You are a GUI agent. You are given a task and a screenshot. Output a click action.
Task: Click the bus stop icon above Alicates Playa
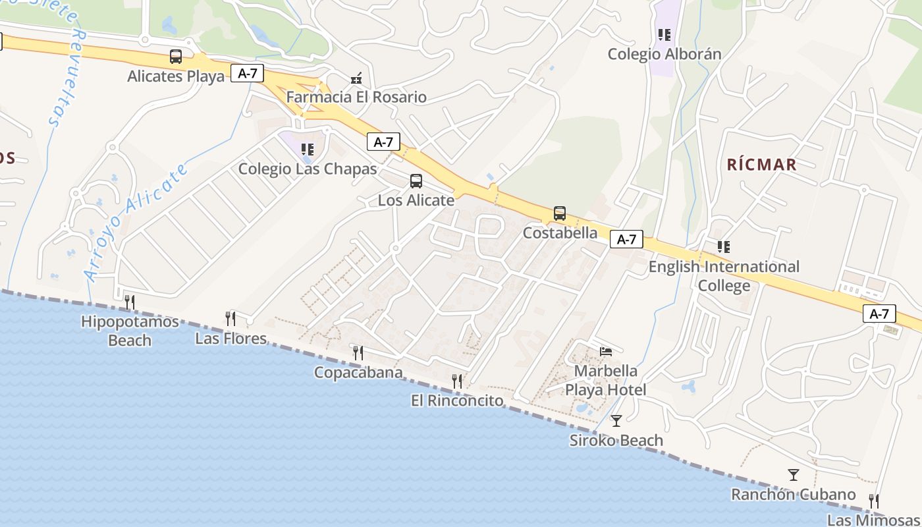tap(176, 57)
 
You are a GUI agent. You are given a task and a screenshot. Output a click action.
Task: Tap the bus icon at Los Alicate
tap(416, 180)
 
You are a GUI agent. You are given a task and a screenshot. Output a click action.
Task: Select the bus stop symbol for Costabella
tap(560, 213)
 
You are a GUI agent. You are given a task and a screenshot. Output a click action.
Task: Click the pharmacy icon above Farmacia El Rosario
tap(356, 78)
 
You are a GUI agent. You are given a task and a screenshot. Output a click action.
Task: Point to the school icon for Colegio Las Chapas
tap(308, 150)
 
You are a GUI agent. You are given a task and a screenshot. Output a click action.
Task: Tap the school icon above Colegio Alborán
tap(664, 34)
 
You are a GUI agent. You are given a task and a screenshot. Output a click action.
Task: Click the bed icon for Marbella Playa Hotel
tap(606, 352)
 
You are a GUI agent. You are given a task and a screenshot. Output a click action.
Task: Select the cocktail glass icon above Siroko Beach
tap(616, 420)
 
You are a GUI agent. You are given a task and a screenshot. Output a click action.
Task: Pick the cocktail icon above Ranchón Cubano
tap(794, 474)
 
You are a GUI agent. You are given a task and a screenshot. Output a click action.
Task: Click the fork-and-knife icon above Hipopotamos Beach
tap(130, 302)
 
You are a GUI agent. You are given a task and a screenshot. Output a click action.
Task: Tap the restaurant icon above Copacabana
tap(358, 353)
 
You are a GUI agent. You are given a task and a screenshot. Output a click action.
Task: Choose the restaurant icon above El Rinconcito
tap(457, 381)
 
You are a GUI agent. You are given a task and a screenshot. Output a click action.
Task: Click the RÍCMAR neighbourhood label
tap(762, 165)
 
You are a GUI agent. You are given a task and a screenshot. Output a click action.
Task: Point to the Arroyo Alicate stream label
tap(136, 223)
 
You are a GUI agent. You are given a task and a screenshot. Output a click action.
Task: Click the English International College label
tap(724, 276)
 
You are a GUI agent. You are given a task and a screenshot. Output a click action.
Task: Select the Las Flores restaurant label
tap(231, 339)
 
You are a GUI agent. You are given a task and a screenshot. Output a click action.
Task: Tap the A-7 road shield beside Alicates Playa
tap(247, 74)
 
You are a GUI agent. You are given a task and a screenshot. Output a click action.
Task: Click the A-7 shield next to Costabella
tap(626, 239)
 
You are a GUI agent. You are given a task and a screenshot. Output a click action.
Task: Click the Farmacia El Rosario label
tap(356, 97)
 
